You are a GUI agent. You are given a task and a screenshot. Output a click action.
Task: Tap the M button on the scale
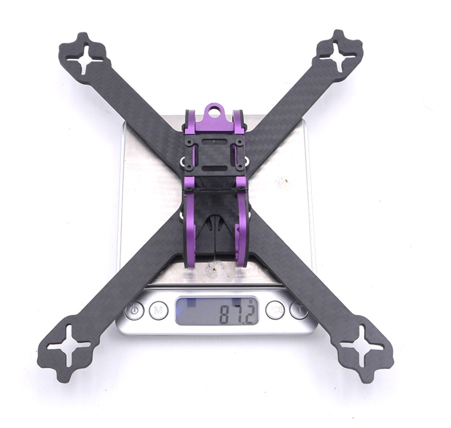[158, 310]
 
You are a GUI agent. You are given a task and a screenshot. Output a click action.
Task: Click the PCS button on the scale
[275, 310]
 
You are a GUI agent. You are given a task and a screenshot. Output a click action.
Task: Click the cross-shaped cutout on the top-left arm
[83, 59]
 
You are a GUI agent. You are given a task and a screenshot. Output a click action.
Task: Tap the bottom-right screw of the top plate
[241, 167]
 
